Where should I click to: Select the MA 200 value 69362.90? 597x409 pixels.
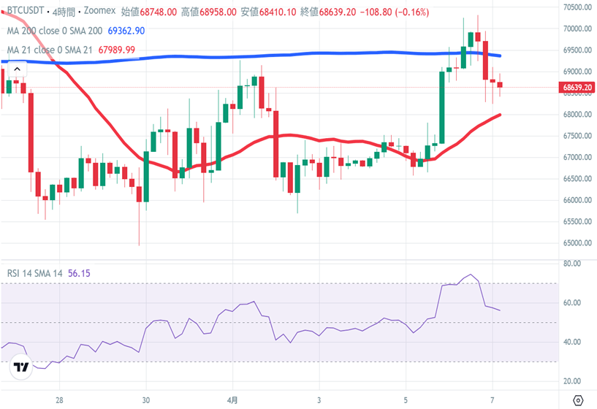tap(126, 31)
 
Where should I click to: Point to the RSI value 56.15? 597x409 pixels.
tap(79, 273)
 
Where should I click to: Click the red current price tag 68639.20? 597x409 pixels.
tap(577, 87)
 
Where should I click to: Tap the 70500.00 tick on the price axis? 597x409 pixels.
tap(577, 7)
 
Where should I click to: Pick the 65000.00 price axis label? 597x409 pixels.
tap(577, 243)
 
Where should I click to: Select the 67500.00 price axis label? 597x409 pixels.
tap(577, 136)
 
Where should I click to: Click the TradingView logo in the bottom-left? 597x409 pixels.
tap(22, 368)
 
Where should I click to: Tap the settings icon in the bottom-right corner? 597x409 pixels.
tap(578, 400)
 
